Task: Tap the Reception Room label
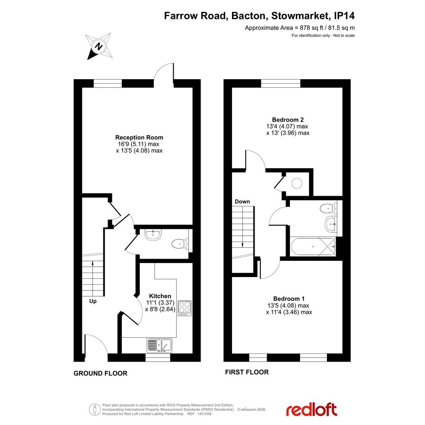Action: click(x=139, y=138)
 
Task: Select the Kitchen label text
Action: click(x=160, y=296)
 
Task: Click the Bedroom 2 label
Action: click(x=288, y=120)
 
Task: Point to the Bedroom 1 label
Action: click(x=289, y=299)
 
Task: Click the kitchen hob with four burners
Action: click(x=184, y=308)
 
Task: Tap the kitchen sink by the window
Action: click(x=159, y=345)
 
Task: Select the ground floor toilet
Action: click(x=180, y=244)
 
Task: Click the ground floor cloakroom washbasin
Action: click(x=153, y=235)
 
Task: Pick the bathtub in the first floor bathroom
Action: click(x=313, y=246)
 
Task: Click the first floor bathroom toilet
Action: click(x=328, y=209)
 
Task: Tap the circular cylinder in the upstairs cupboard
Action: click(x=297, y=183)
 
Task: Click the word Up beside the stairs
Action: click(x=93, y=301)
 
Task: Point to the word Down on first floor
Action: click(x=242, y=201)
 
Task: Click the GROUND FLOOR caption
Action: click(x=100, y=373)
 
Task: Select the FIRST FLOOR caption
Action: click(x=246, y=372)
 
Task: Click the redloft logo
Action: click(x=312, y=410)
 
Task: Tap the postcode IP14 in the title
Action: click(x=344, y=16)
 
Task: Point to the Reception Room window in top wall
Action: click(x=107, y=84)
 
